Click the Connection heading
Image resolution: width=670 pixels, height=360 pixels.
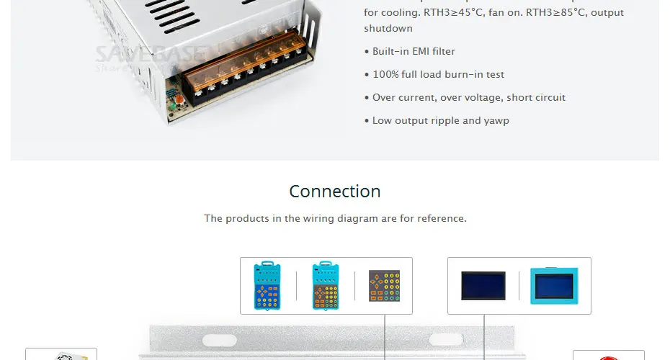(334, 192)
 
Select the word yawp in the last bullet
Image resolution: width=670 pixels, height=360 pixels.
(496, 121)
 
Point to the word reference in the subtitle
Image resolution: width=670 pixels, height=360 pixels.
(440, 218)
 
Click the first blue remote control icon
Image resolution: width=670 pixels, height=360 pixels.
(267, 286)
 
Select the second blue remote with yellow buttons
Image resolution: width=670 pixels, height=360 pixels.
(326, 286)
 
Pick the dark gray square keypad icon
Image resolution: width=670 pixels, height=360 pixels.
(384, 286)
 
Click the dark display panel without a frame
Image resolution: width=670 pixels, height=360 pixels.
(483, 286)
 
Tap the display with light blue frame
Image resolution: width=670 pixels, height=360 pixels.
(554, 286)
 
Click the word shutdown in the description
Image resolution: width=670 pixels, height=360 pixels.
(388, 29)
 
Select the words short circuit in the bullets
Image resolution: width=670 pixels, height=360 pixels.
(536, 98)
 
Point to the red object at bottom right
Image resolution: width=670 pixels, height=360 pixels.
(609, 357)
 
